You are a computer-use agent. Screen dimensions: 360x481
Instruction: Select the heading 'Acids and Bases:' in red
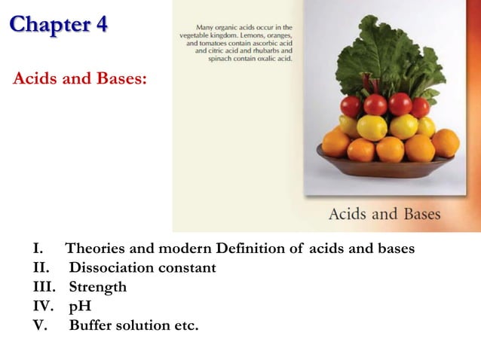(79, 79)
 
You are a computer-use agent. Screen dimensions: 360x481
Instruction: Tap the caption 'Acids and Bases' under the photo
(384, 214)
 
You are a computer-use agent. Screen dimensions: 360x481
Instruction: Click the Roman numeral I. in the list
(38, 249)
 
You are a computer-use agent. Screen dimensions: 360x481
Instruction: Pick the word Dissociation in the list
(109, 268)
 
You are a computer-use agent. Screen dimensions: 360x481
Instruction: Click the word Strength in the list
(98, 287)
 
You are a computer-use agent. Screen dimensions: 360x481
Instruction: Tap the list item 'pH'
(80, 307)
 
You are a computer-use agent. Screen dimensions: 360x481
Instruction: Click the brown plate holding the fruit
(384, 166)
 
